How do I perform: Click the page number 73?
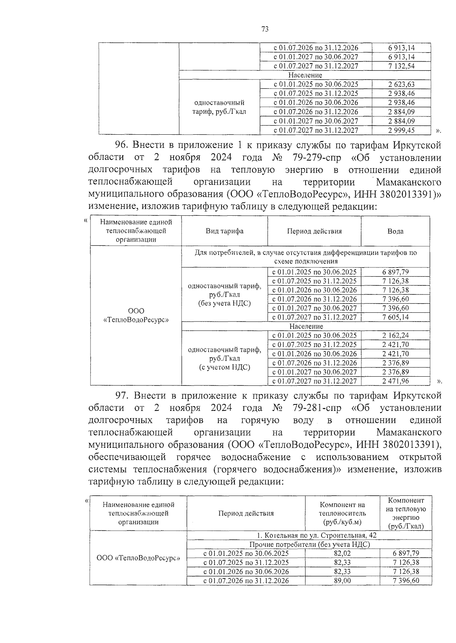tap(265, 29)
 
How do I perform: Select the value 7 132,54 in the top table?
tap(401, 66)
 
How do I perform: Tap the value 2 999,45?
tap(401, 131)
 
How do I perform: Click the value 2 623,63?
tap(401, 84)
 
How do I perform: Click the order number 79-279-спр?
tap(317, 158)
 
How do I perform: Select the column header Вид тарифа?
tap(225, 231)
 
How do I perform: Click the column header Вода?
tap(396, 231)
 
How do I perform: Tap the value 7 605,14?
tap(396, 317)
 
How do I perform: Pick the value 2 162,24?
tap(396, 336)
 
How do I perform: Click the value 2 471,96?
tap(396, 381)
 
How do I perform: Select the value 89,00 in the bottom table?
tap(342, 581)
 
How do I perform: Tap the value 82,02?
tap(342, 554)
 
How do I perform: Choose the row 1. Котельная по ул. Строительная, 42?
tap(309, 535)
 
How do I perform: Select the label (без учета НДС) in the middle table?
tap(225, 304)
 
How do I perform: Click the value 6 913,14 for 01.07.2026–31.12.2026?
tap(401, 48)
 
